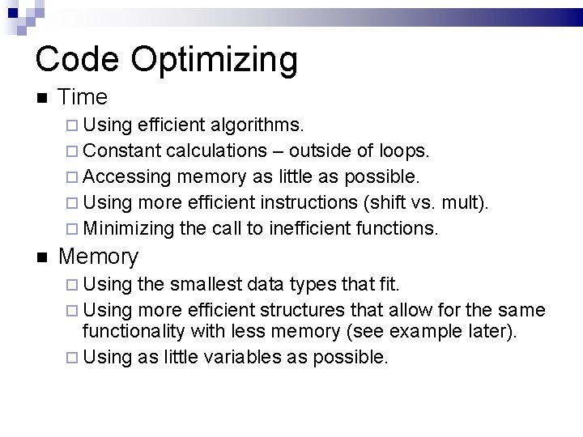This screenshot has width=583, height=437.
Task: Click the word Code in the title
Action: click(x=76, y=58)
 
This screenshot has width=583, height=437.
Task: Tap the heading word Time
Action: click(x=83, y=97)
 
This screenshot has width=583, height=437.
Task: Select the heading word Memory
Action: click(x=98, y=257)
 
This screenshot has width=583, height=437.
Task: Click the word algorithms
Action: click(x=257, y=126)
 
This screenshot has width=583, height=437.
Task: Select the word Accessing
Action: click(x=127, y=177)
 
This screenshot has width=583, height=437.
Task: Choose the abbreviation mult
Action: click(x=468, y=202)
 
